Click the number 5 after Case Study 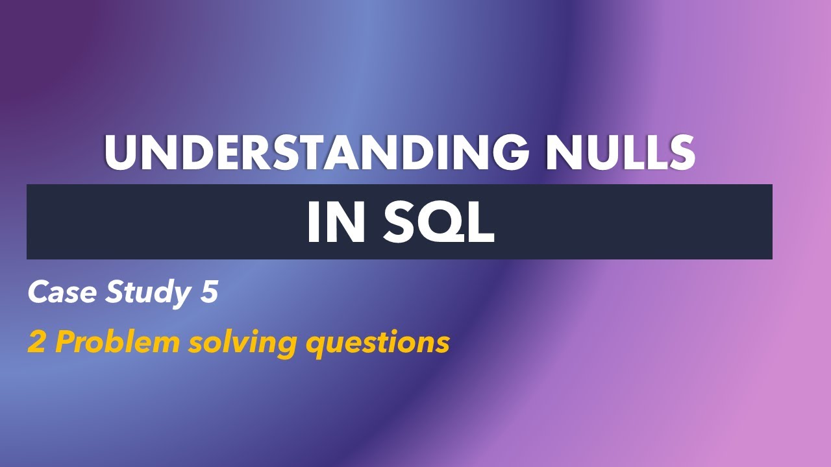pos(208,293)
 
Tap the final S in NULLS pos(680,153)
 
